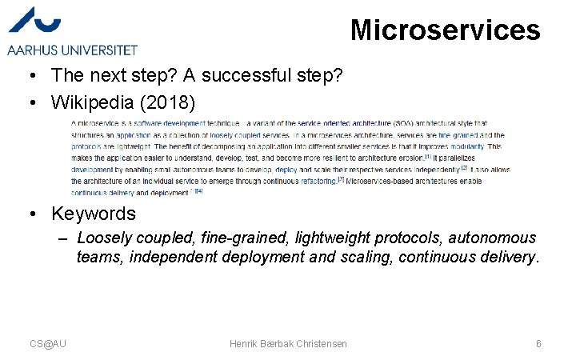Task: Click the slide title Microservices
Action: click(445, 30)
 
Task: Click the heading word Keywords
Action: click(94, 214)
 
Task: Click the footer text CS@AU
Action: click(48, 343)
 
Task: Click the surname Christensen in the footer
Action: click(318, 343)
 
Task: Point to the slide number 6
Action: click(538, 343)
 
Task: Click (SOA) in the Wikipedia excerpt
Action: click(404, 124)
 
